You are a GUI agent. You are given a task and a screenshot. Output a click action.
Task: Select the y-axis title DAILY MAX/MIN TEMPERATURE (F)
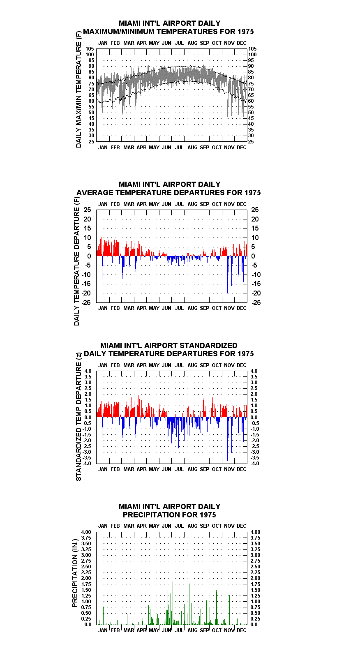point(78,90)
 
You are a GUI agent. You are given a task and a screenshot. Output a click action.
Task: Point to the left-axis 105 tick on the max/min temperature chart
point(90,49)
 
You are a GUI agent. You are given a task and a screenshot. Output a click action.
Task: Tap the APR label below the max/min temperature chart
point(142,147)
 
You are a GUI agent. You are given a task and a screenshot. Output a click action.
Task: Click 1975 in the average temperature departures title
point(252,193)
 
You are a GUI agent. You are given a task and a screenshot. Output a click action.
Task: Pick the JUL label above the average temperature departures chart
point(180,204)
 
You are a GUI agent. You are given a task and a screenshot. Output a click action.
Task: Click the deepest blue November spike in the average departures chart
point(227,275)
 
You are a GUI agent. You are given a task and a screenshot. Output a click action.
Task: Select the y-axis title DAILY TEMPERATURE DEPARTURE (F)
point(76,261)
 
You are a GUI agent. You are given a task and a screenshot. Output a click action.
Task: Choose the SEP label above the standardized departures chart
point(204,365)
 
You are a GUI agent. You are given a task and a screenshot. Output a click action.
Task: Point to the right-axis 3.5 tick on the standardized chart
point(254,377)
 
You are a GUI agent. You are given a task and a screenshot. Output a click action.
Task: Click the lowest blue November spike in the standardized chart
point(227,439)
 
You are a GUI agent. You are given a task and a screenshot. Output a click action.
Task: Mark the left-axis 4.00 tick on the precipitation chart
point(86,532)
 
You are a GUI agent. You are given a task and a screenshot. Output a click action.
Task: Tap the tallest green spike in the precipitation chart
point(173,603)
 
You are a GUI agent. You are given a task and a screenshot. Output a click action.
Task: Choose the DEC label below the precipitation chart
point(242,630)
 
